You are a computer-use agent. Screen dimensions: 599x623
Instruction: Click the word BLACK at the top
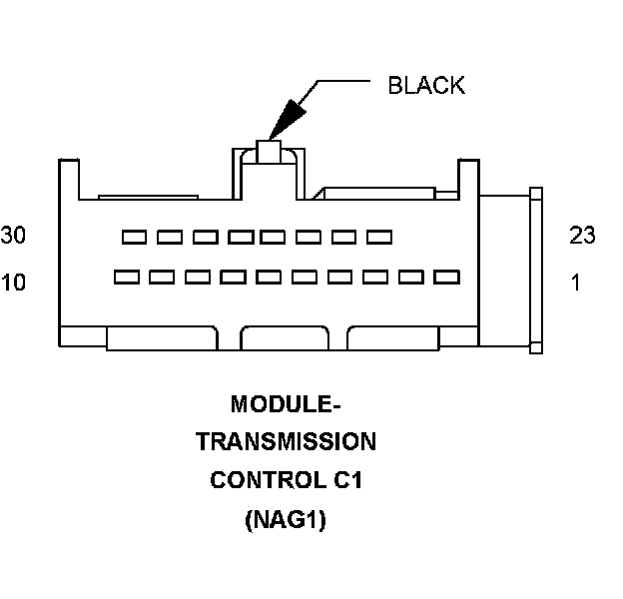click(426, 85)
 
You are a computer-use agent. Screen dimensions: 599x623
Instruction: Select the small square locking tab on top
click(270, 151)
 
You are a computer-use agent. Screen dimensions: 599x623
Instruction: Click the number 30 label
click(14, 236)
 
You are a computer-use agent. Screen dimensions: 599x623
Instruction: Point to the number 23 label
click(582, 236)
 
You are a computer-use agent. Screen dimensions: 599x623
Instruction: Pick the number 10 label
click(14, 283)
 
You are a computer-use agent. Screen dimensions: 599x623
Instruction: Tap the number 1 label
click(575, 283)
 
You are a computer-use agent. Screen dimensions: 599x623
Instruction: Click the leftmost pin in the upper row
click(134, 237)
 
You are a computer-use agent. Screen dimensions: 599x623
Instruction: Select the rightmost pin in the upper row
click(378, 237)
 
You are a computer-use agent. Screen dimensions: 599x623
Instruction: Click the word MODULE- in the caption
click(286, 404)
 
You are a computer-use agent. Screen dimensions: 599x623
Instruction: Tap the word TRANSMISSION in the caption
click(286, 442)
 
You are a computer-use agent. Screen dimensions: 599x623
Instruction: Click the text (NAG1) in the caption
click(286, 520)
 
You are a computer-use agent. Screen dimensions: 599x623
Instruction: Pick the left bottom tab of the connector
click(162, 337)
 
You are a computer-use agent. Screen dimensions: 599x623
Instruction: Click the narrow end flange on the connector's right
click(535, 270)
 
